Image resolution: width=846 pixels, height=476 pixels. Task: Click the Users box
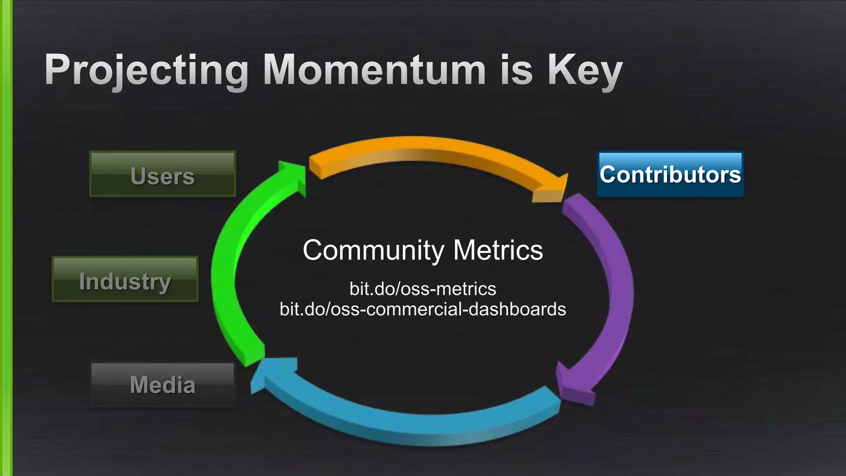pos(162,174)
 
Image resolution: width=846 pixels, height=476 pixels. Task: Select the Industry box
pos(125,279)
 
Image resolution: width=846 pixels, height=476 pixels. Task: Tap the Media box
pos(162,385)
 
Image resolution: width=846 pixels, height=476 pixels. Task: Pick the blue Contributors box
pos(670,174)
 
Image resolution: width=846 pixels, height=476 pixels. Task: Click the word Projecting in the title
pos(147,70)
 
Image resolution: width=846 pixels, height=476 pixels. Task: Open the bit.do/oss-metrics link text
pos(423,288)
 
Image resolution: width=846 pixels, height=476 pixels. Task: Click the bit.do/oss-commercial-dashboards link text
pos(423,309)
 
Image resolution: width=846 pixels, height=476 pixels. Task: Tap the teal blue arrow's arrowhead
pos(273,374)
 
